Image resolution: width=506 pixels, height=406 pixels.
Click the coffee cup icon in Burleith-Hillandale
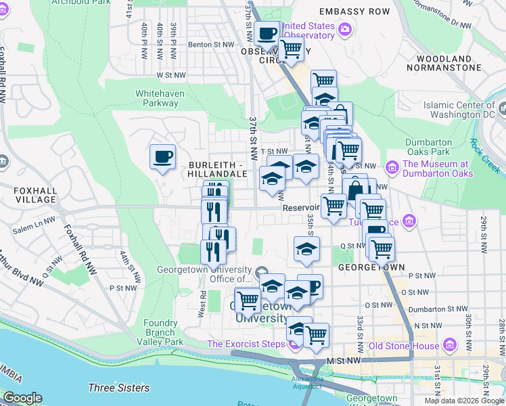[162, 157]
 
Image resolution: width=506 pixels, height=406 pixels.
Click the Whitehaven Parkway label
[156, 98]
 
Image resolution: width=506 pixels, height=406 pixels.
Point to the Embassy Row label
[354, 12]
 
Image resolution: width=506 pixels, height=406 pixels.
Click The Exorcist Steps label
[246, 344]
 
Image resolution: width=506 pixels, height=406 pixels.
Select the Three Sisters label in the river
[118, 388]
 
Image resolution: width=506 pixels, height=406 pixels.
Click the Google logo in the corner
[22, 398]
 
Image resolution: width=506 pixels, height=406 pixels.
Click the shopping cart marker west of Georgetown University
[247, 300]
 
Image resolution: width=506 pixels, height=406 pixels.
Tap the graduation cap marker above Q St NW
[306, 249]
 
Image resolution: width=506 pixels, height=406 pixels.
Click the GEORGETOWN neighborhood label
[371, 267]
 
